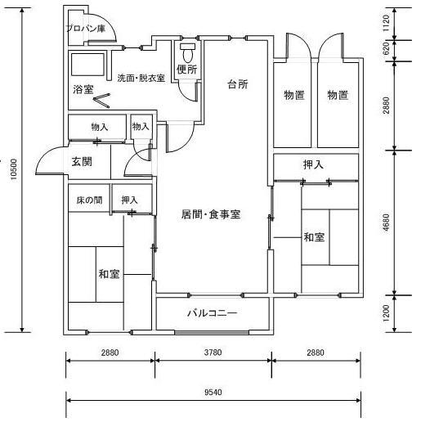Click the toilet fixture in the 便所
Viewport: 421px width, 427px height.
(187, 52)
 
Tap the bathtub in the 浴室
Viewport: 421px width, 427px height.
(87, 65)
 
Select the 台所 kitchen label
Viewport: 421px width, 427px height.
(238, 84)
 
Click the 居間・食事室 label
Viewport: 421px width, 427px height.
(211, 214)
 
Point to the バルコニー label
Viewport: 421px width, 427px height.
(213, 312)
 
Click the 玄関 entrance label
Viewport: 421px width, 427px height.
(82, 162)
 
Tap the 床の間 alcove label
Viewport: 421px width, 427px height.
(89, 200)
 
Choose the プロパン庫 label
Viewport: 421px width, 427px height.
(86, 29)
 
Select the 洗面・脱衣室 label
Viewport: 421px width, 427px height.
(141, 79)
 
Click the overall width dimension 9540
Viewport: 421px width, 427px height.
(213, 393)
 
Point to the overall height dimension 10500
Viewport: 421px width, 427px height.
(14, 169)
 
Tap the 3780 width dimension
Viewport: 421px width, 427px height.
(213, 353)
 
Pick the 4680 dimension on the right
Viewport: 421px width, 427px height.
(386, 222)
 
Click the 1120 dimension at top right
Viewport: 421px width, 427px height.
(386, 23)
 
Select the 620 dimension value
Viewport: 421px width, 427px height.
(386, 48)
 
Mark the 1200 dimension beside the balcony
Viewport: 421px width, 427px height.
(386, 313)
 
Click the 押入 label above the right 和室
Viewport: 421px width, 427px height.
(313, 164)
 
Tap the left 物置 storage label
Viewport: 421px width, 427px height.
(294, 95)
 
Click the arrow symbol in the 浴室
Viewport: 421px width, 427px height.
(101, 101)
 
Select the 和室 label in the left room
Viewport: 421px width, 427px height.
(109, 274)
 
